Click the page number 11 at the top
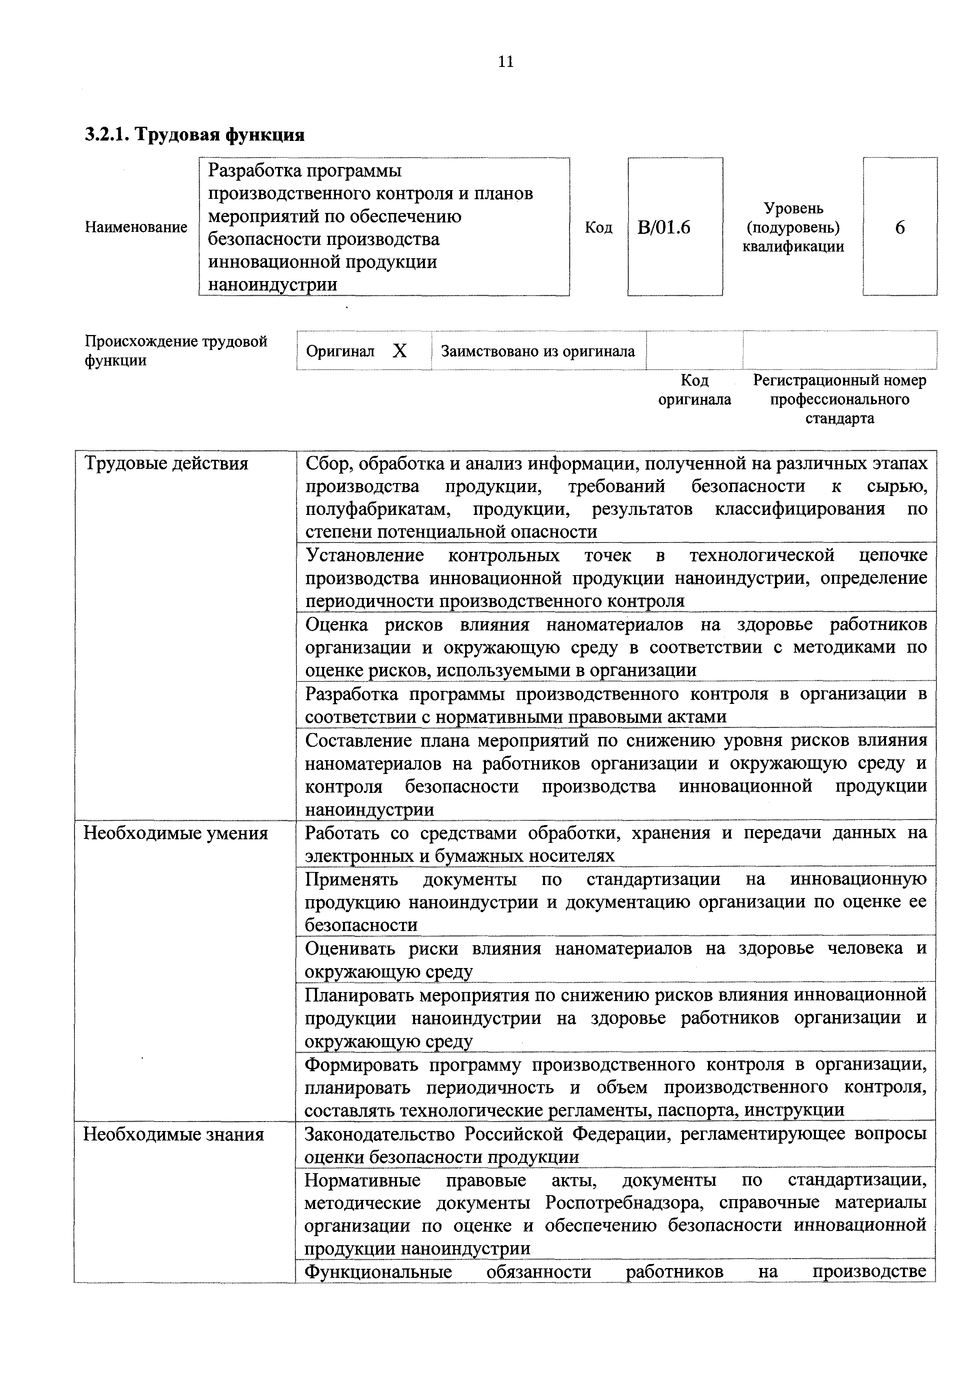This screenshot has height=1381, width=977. pyautogui.click(x=506, y=62)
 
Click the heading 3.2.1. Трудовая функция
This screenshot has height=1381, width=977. pyautogui.click(x=194, y=134)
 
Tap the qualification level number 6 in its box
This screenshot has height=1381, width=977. pyautogui.click(x=899, y=228)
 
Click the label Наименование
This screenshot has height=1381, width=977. pyautogui.click(x=136, y=228)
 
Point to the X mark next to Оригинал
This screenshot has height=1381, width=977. pyautogui.click(x=399, y=351)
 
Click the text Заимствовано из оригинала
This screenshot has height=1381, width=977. pyautogui.click(x=538, y=351)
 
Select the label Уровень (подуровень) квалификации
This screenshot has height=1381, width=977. pyautogui.click(x=793, y=228)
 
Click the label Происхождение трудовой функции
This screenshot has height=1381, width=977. pyautogui.click(x=176, y=351)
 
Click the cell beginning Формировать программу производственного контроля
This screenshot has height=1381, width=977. pyautogui.click(x=615, y=1087)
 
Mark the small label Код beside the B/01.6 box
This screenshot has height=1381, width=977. pyautogui.click(x=599, y=228)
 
